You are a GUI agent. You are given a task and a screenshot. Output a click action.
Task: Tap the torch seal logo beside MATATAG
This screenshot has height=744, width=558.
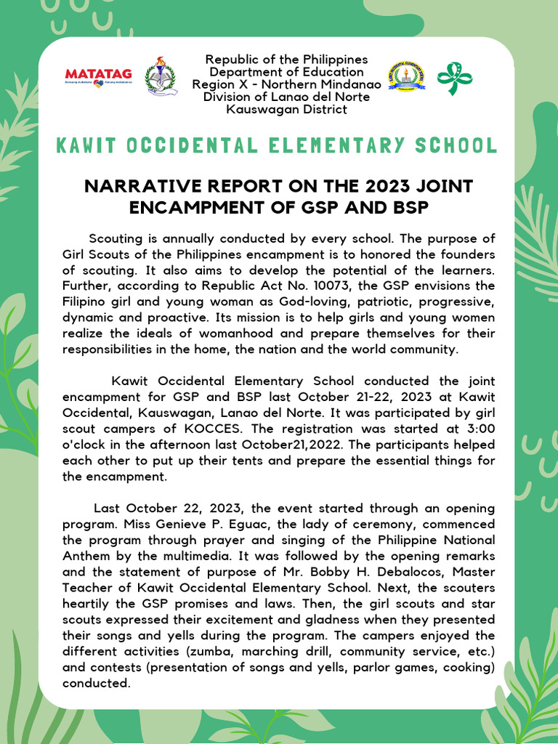pyautogui.click(x=161, y=76)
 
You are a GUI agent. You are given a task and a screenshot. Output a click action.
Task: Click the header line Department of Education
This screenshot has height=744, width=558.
pyautogui.click(x=286, y=72)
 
